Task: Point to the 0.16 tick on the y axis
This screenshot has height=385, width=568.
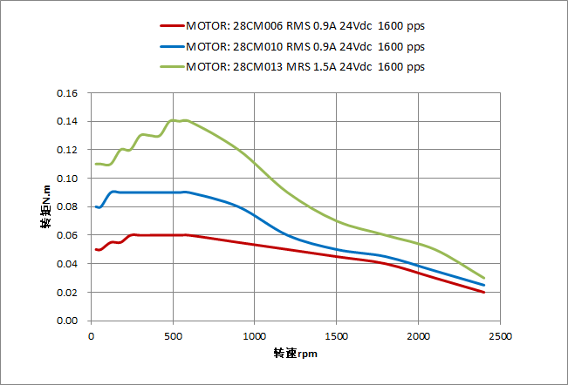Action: click(x=66, y=93)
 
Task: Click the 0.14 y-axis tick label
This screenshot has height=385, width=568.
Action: click(x=66, y=121)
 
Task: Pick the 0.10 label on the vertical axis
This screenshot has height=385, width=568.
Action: click(x=66, y=179)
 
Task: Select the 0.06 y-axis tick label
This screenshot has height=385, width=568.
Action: click(x=66, y=235)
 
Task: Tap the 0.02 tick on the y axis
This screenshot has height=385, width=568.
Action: click(x=66, y=293)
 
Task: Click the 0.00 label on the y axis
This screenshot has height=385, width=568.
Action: click(x=66, y=321)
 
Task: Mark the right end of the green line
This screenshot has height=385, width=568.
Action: click(x=483, y=278)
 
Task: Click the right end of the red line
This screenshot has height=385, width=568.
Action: click(x=483, y=292)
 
